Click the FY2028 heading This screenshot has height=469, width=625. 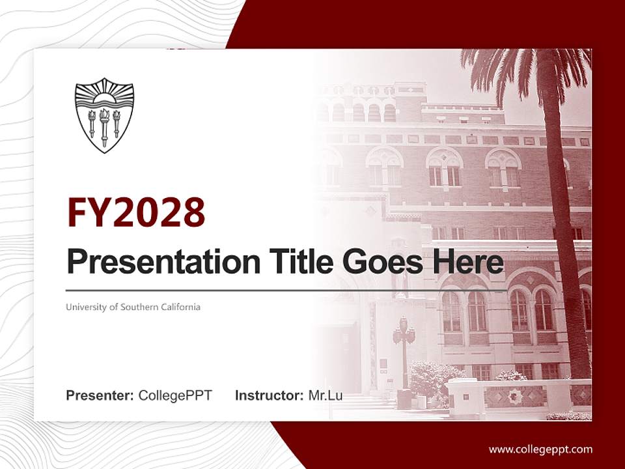(136, 212)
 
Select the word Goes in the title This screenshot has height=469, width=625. (380, 262)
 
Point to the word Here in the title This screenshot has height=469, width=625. (467, 262)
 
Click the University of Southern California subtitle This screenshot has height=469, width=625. (133, 307)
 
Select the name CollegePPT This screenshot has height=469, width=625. (175, 395)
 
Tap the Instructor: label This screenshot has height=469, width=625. (269, 395)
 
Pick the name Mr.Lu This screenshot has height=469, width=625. (326, 395)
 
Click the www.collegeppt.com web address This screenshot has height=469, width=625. (540, 449)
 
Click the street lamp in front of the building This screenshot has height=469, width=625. (404, 352)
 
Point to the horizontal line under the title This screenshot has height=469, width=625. (286, 291)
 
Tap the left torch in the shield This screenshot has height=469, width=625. (92, 122)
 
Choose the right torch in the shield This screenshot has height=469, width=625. (117, 122)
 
